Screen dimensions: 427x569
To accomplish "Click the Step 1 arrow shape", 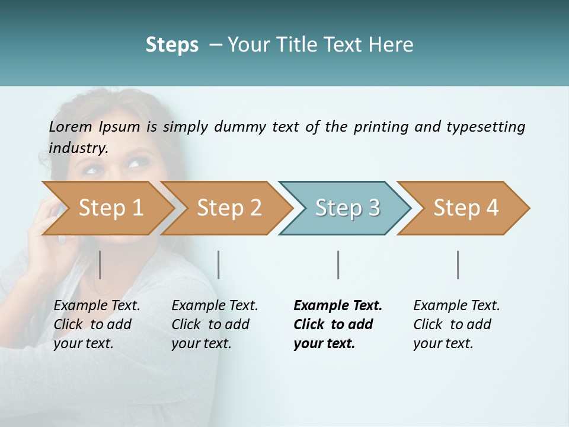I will [107, 208].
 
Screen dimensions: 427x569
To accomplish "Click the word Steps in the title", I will [172, 45].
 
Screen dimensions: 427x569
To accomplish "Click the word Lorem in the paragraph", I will [71, 126].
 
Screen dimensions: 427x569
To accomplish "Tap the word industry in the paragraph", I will [78, 148].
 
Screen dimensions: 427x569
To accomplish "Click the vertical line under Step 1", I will [100, 265].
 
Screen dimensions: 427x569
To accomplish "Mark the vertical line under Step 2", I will [219, 265].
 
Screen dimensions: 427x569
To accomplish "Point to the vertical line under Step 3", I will [338, 265].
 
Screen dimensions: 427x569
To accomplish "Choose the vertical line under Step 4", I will [458, 265].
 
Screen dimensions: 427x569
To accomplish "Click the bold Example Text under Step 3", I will [338, 306].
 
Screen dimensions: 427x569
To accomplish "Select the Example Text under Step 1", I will [97, 306].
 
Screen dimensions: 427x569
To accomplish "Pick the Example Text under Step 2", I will [215, 306].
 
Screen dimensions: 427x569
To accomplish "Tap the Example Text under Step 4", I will [456, 306].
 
